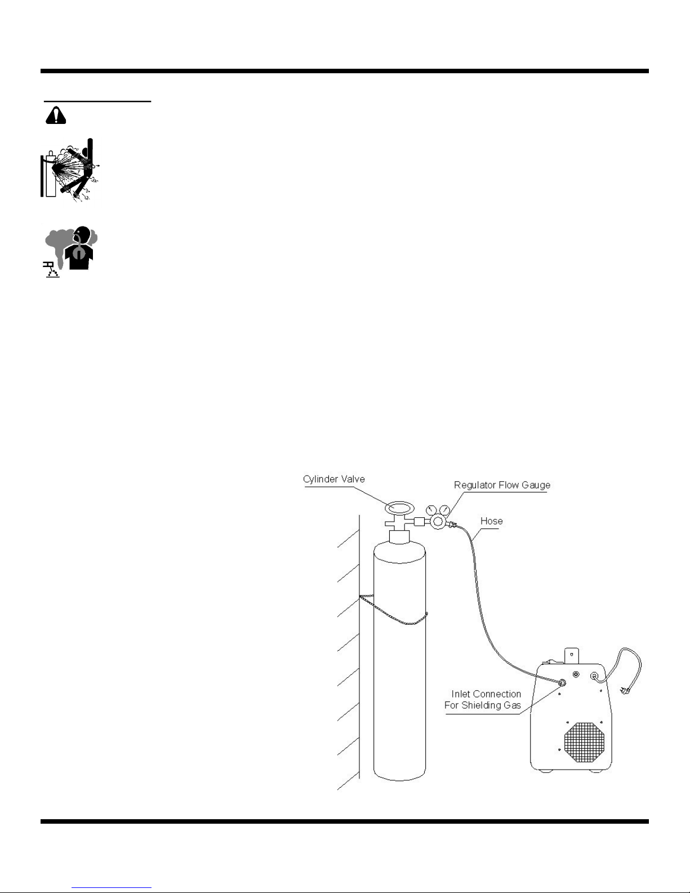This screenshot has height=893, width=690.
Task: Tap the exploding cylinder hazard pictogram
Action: point(70,170)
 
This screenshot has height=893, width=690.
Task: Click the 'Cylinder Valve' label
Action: point(333,479)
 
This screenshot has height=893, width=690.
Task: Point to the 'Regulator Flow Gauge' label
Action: point(502,485)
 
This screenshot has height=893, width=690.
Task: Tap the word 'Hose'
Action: point(491,521)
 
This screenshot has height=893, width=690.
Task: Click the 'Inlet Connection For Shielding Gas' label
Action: point(483,699)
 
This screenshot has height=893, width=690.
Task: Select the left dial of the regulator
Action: point(430,510)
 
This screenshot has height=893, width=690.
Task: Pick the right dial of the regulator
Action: point(444,511)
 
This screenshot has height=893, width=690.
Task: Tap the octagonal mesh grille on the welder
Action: point(584,742)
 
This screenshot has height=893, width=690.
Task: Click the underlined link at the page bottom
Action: point(112,887)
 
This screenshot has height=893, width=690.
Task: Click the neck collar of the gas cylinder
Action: point(399,537)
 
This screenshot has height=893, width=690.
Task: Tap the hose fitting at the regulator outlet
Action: point(452,525)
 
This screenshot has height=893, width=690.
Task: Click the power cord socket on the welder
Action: point(594,676)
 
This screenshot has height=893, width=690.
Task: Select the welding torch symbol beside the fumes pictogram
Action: point(51,270)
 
